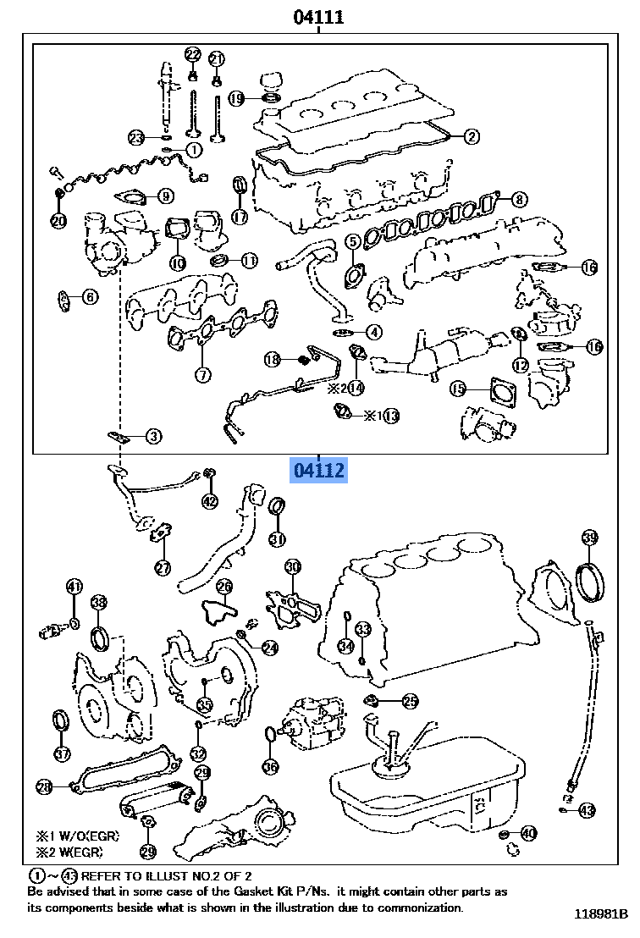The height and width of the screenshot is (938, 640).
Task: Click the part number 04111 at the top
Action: click(318, 16)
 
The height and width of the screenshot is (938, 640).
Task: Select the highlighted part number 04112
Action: click(319, 470)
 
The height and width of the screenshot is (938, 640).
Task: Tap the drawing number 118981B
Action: click(601, 914)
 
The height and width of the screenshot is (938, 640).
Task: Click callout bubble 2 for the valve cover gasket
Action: click(471, 135)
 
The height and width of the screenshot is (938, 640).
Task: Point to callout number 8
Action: click(518, 200)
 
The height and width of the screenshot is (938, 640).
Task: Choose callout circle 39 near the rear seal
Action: click(590, 538)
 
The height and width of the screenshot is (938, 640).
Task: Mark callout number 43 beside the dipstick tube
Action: click(587, 810)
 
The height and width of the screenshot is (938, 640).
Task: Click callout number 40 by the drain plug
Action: click(528, 834)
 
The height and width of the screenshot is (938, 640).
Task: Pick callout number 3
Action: click(152, 437)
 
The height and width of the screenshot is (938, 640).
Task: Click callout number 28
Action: click(44, 786)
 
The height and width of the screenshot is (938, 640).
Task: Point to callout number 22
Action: click(193, 55)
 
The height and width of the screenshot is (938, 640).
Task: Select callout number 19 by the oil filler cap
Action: click(236, 99)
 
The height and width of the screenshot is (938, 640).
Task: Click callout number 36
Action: click(270, 768)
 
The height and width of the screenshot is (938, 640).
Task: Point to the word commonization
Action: click(423, 908)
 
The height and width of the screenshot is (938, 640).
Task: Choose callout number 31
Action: click(277, 538)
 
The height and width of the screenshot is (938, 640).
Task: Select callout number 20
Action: click(58, 221)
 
